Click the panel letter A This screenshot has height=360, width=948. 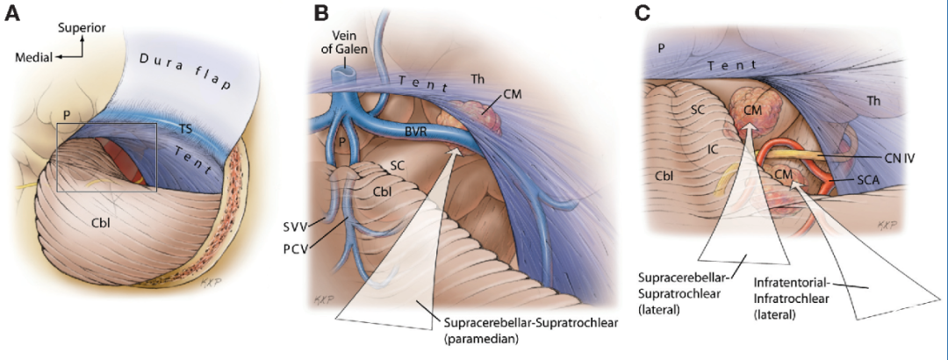pos(14,13)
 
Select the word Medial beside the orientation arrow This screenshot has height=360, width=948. pos(33,58)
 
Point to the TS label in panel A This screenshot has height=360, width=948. pos(185,127)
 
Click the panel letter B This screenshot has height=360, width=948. pos(321,13)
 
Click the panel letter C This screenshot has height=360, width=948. pos(643,13)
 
